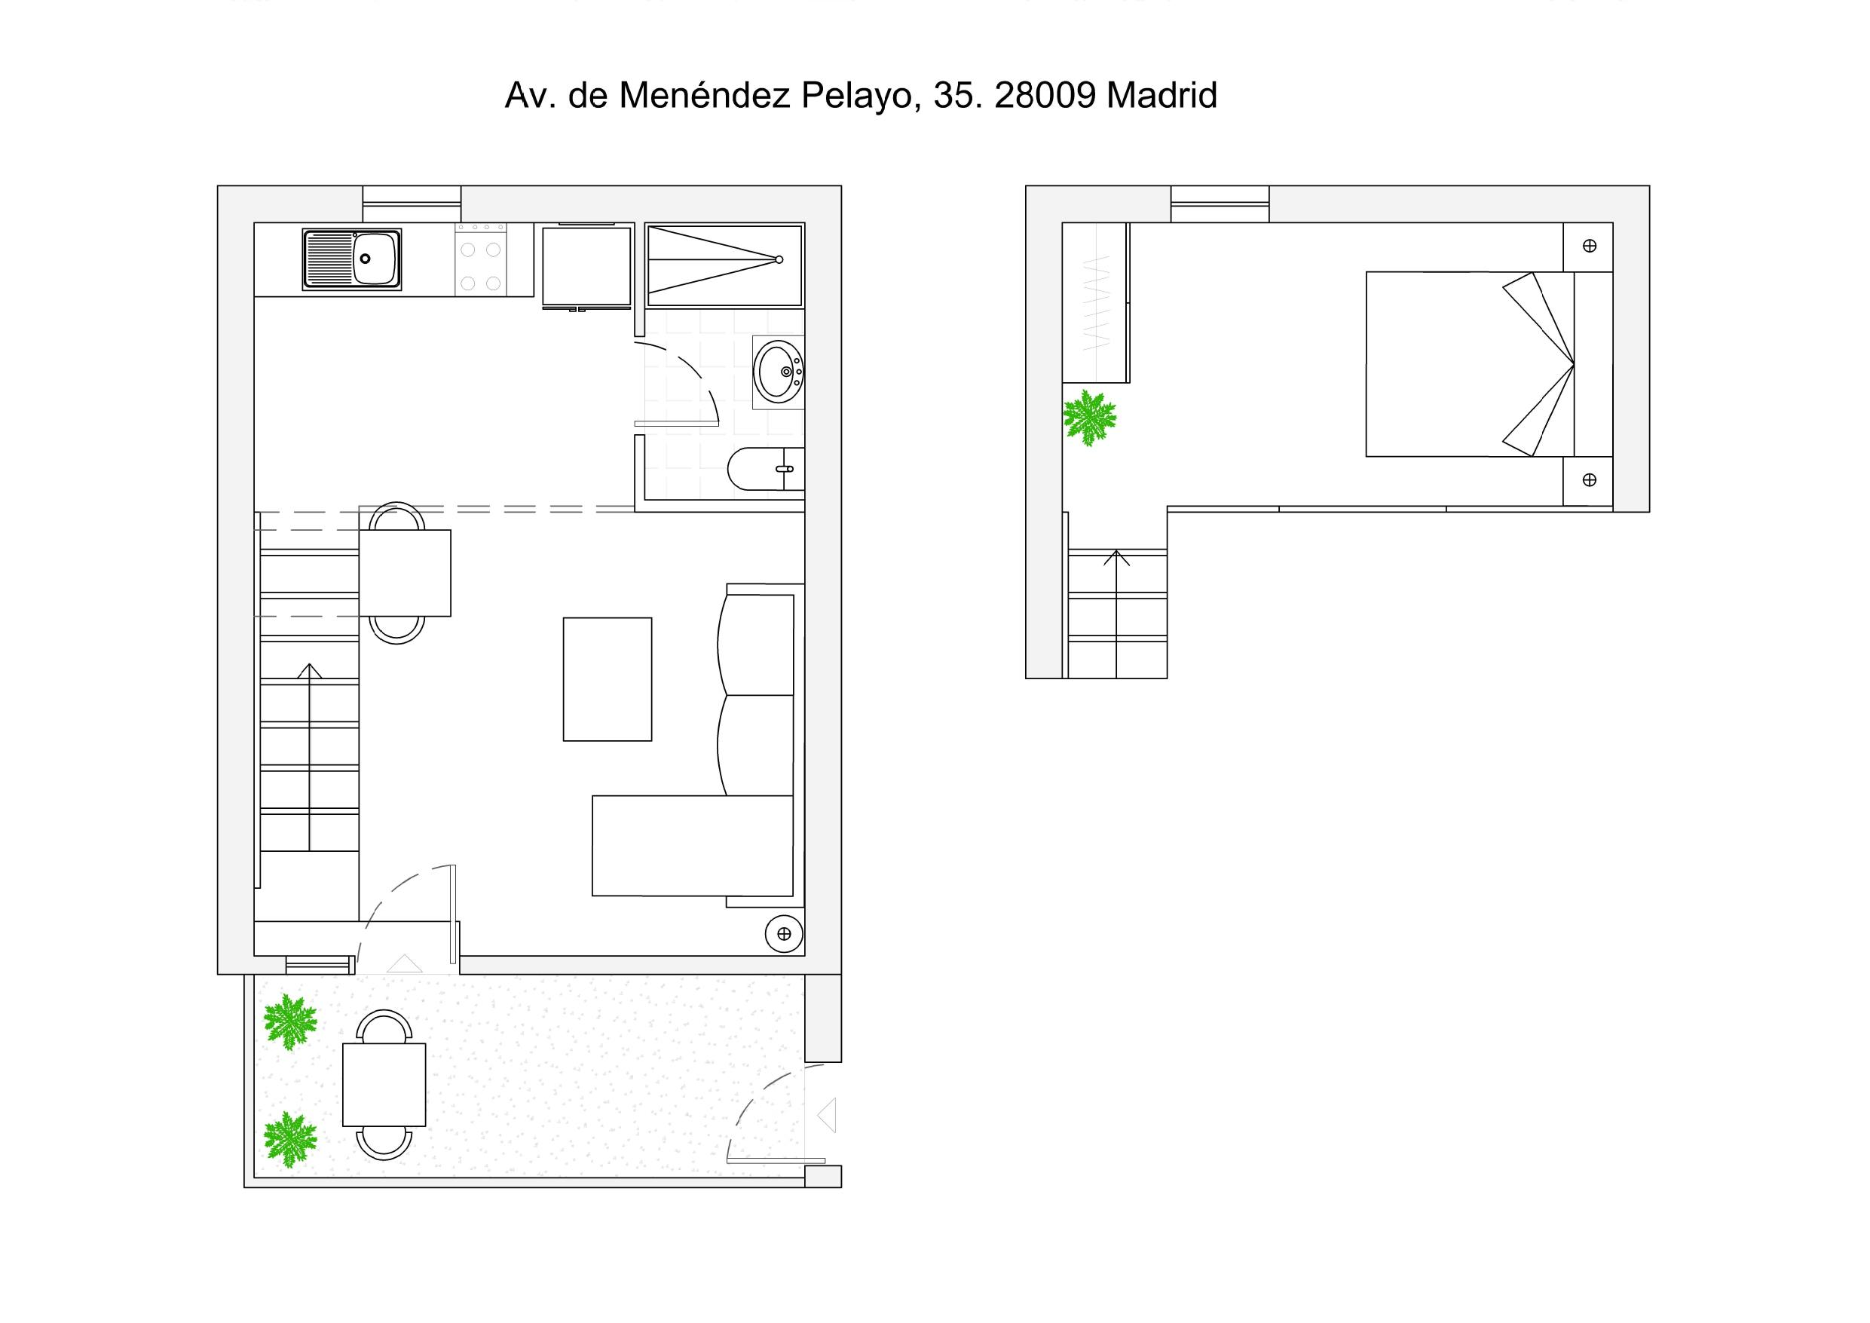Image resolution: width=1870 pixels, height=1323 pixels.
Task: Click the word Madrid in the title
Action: pyautogui.click(x=1161, y=95)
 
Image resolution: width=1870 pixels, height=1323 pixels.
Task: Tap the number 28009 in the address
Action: pyautogui.click(x=1045, y=95)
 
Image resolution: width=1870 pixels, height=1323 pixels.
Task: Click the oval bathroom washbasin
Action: pyautogui.click(x=779, y=372)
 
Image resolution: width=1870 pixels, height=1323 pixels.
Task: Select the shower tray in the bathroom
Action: pyautogui.click(x=724, y=265)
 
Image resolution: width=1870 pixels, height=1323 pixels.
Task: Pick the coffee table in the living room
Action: pyautogui.click(x=608, y=679)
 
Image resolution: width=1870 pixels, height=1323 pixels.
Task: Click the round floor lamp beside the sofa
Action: pyautogui.click(x=785, y=933)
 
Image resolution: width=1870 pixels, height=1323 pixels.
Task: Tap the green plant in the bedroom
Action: pyautogui.click(x=1090, y=418)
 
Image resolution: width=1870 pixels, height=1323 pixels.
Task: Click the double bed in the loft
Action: pyautogui.click(x=1489, y=364)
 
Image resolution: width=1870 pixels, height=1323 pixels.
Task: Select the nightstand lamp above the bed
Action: pyautogui.click(x=1589, y=246)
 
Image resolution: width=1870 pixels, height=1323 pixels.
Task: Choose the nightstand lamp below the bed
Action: pyautogui.click(x=1589, y=481)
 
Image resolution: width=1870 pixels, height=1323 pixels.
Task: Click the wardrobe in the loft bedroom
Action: pyautogui.click(x=1095, y=302)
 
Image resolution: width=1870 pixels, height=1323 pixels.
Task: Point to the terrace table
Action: pyautogui.click(x=384, y=1084)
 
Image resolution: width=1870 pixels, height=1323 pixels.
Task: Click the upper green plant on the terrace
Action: pyautogui.click(x=290, y=1022)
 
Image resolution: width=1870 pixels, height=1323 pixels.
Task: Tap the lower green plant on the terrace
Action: pyautogui.click(x=290, y=1140)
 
